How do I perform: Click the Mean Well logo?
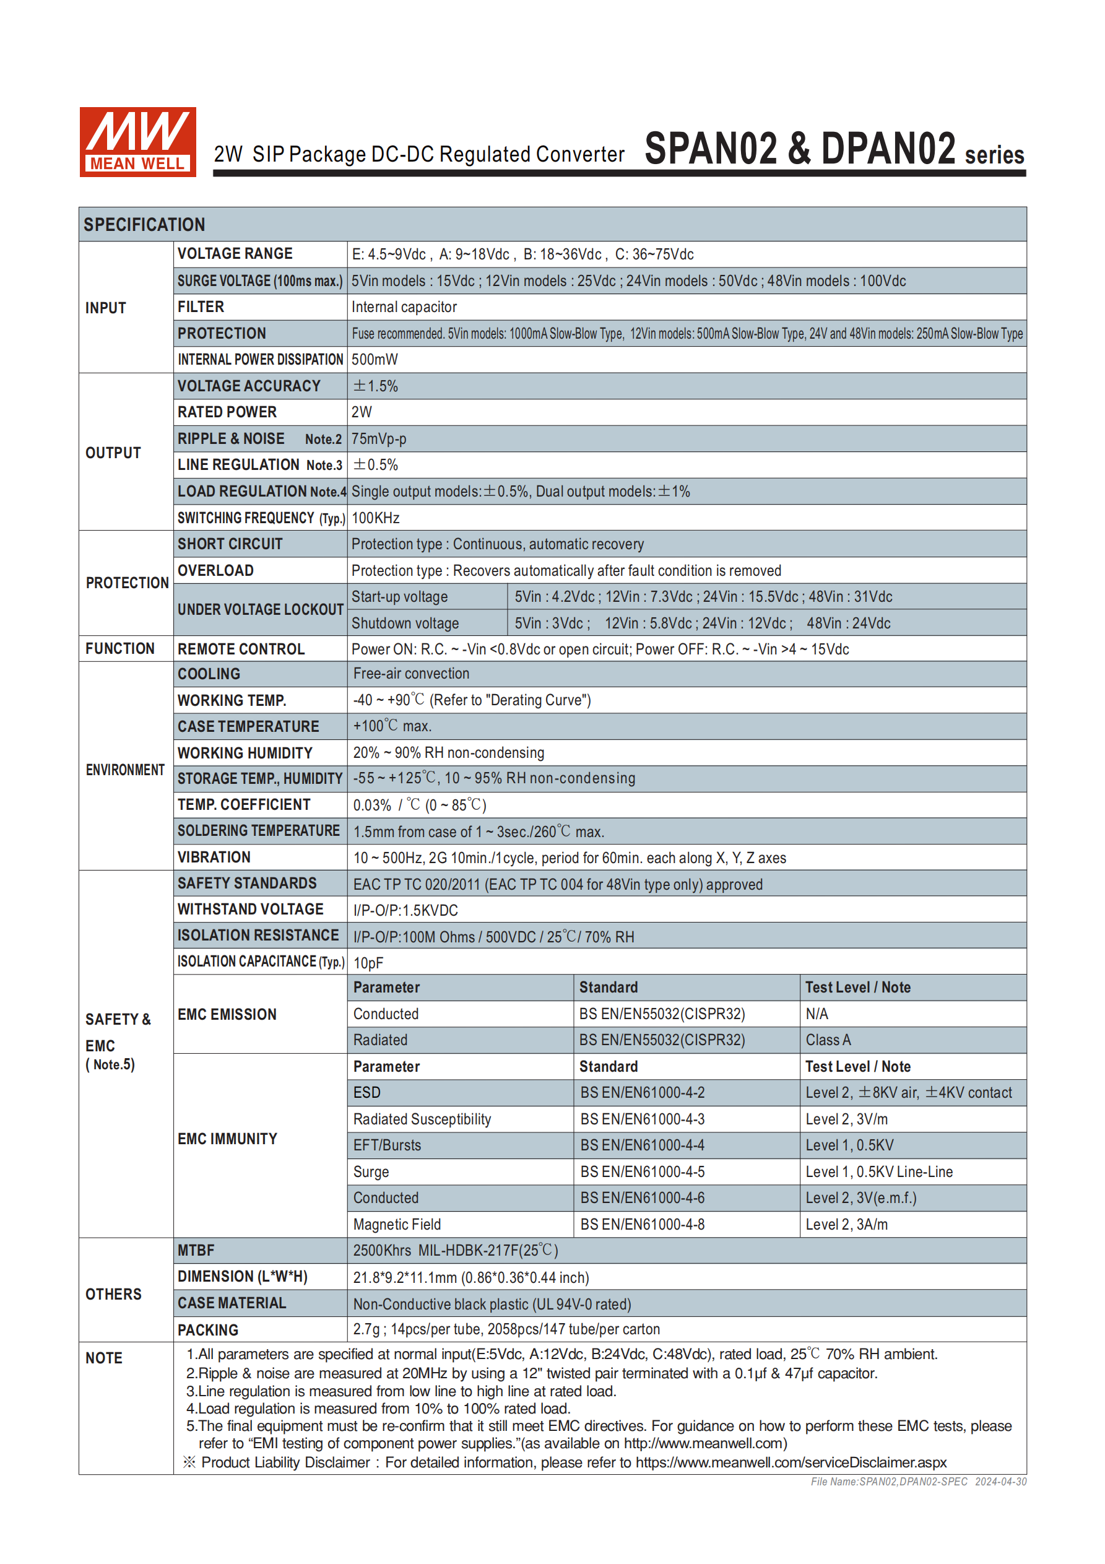137,142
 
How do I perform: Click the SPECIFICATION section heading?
144,225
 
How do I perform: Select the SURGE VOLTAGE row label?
259,280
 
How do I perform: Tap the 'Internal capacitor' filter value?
404,307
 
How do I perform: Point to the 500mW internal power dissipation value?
375,360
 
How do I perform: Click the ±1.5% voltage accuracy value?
375,386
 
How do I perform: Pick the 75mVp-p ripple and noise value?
379,439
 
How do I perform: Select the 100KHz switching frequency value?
375,518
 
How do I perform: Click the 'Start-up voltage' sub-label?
399,597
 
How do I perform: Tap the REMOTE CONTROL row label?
241,649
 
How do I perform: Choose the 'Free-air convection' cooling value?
411,674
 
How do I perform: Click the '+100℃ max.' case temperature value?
392,726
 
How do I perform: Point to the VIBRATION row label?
214,857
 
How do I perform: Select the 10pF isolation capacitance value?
368,963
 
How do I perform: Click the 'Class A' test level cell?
828,1040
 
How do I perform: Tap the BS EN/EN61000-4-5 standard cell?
642,1171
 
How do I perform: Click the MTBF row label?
196,1250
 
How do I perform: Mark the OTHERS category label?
113,1294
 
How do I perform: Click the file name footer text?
917,1482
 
